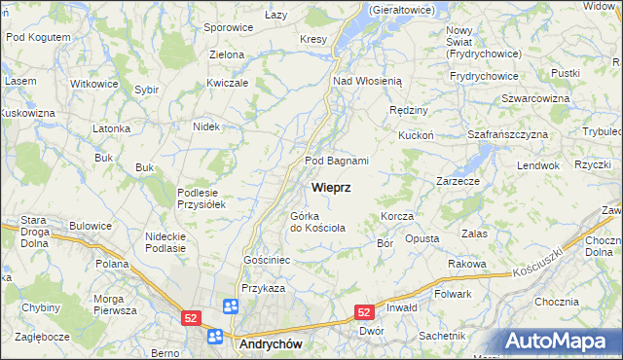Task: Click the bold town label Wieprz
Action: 331,186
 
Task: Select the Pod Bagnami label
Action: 337,161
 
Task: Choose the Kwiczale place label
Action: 228,83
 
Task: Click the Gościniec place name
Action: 267,262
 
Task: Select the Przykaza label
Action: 263,288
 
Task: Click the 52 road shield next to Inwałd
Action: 364,311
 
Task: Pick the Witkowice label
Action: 94,84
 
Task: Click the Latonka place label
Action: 111,128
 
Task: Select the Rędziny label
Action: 408,111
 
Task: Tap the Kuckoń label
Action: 415,136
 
